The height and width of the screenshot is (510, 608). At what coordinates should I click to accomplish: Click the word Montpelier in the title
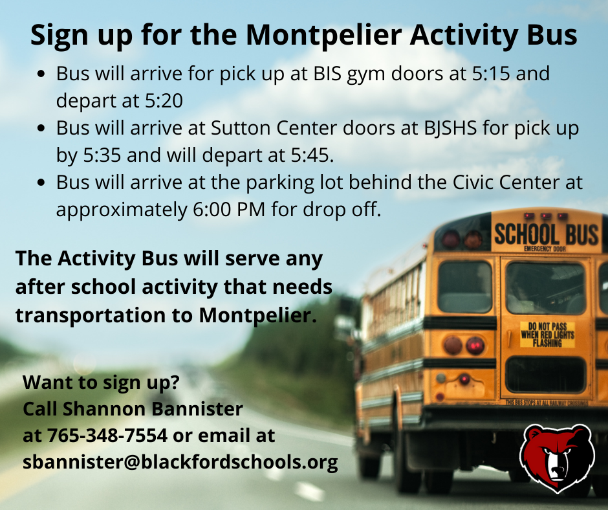point(324,36)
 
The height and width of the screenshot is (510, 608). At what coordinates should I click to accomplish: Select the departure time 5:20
point(164,101)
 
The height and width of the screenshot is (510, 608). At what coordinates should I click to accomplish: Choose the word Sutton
point(241,128)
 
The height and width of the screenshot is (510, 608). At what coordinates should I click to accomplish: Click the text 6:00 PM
point(229,210)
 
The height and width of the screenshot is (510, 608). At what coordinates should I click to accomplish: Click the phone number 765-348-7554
point(107,436)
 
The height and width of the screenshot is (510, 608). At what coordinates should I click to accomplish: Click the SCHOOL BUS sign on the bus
point(547,234)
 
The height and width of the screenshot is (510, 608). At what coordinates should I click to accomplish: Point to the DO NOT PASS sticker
point(547,335)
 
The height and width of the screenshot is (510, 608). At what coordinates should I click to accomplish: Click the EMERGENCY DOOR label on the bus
point(545,249)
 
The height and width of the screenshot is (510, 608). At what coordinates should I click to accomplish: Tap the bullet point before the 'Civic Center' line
point(41,182)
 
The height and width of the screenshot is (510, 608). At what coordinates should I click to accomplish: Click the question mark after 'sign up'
point(175,382)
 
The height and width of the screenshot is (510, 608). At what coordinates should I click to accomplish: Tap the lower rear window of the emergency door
point(545,375)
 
